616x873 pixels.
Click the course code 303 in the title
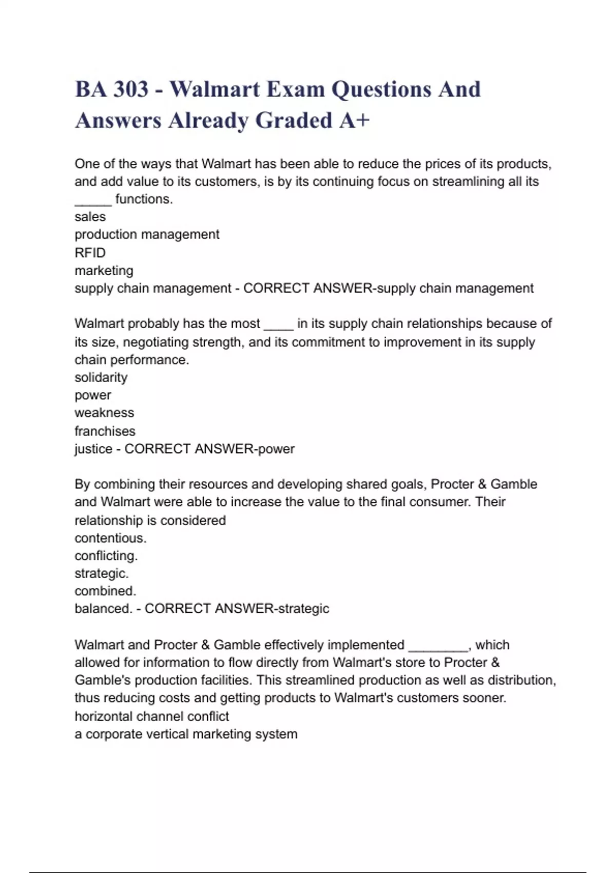pyautogui.click(x=130, y=89)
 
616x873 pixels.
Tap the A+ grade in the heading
pyautogui.click(x=354, y=121)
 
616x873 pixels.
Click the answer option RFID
pyautogui.click(x=90, y=253)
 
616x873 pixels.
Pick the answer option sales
pyautogui.click(x=90, y=217)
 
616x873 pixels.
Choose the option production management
pyautogui.click(x=147, y=235)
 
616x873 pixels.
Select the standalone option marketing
pyautogui.click(x=104, y=271)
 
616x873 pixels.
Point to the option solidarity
pyautogui.click(x=101, y=377)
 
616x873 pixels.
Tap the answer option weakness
pyautogui.click(x=104, y=413)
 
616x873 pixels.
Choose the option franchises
pyautogui.click(x=105, y=431)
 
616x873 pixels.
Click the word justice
pyautogui.click(x=93, y=449)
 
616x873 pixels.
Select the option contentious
pyautogui.click(x=110, y=538)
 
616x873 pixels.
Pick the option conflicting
pyautogui.click(x=106, y=556)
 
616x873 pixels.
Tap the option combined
pyautogui.click(x=105, y=591)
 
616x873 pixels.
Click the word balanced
pyautogui.click(x=103, y=609)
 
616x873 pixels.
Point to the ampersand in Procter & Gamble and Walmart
pyautogui.click(x=482, y=484)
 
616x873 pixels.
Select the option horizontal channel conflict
pyautogui.click(x=151, y=716)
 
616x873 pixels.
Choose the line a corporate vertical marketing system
pyautogui.click(x=186, y=734)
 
